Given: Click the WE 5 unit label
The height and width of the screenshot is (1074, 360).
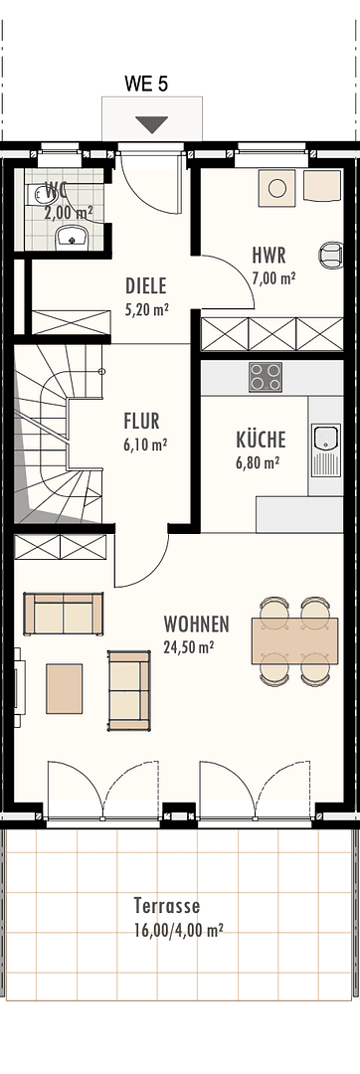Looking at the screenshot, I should pyautogui.click(x=146, y=85).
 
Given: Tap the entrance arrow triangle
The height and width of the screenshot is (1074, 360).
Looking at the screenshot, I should pyautogui.click(x=152, y=124).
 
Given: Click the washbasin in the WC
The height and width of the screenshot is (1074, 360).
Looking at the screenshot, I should pyautogui.click(x=71, y=236).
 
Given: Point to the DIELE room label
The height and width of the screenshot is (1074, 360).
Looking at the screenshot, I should pyautogui.click(x=146, y=285).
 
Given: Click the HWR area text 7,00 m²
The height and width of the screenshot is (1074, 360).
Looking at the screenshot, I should pyautogui.click(x=272, y=278).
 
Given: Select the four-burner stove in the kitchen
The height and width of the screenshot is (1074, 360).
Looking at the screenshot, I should pyautogui.click(x=265, y=377).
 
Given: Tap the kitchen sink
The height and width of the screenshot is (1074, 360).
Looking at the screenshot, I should pyautogui.click(x=325, y=440).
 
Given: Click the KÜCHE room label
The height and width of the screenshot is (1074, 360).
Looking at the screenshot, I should pyautogui.click(x=261, y=439).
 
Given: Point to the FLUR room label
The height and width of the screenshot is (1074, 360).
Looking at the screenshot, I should pyautogui.click(x=141, y=421).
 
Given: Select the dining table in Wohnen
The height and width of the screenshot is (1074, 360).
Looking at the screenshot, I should pyautogui.click(x=294, y=639).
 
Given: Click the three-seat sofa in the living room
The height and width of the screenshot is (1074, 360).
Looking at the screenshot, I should pyautogui.click(x=63, y=614).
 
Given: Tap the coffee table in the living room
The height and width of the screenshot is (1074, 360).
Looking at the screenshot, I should pyautogui.click(x=65, y=688).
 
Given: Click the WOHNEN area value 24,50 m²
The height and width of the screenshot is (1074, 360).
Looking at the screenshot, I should pyautogui.click(x=195, y=645).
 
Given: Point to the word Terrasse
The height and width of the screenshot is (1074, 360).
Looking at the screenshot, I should pyautogui.click(x=166, y=906).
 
